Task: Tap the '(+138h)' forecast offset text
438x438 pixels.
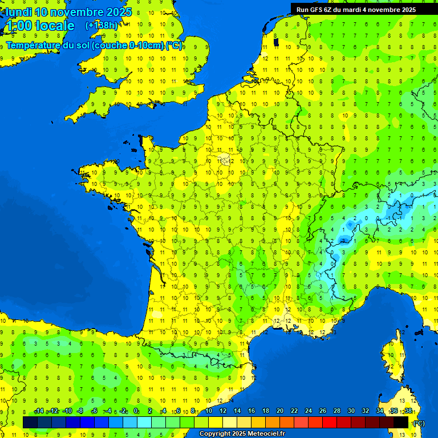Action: pyautogui.click(x=102, y=25)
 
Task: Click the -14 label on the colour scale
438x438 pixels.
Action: pyautogui.click(x=39, y=411)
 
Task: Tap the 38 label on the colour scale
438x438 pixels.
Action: pyautogui.click(x=408, y=411)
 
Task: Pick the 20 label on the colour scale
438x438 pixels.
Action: pyautogui.click(x=279, y=411)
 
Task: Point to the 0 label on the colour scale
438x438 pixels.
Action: pyautogui.click(x=136, y=411)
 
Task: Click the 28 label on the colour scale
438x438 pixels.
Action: pyautogui.click(x=336, y=411)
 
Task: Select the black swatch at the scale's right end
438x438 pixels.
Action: pyautogui.click(x=401, y=422)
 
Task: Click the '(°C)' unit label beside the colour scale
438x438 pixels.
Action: pyautogui.click(x=419, y=423)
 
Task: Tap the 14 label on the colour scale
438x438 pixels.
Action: pyautogui.click(x=237, y=411)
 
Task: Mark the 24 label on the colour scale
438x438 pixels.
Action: pyautogui.click(x=308, y=411)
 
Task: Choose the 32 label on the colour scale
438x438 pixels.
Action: pyautogui.click(x=365, y=411)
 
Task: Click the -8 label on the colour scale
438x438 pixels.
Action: pyautogui.click(x=80, y=411)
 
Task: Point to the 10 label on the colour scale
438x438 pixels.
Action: pyautogui.click(x=208, y=411)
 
